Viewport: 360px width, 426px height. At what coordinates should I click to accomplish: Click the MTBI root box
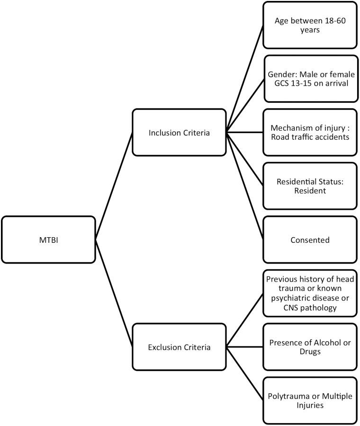tap(48, 240)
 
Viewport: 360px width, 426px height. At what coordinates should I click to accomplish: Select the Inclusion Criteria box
tap(180, 133)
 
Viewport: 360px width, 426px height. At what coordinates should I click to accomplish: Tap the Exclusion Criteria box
tap(180, 347)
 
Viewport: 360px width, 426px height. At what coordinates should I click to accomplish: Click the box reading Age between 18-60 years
tap(310, 25)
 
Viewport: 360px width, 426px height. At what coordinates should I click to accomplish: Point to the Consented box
tap(310, 240)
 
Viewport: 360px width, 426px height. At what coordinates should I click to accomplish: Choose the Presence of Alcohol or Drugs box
tap(310, 347)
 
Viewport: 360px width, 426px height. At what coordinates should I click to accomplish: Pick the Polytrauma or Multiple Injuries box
tap(310, 400)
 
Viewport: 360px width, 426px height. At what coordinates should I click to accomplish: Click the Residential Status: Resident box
tap(310, 186)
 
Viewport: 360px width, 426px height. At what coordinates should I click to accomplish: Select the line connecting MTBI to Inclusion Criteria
tap(114, 186)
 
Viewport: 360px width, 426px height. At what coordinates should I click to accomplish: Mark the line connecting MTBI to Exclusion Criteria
tap(114, 293)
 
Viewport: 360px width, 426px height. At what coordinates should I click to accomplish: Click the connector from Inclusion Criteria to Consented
tap(244, 186)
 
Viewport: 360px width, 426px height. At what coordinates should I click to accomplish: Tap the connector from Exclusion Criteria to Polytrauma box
tap(244, 374)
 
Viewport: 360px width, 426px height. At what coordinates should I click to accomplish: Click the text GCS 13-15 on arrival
tap(310, 83)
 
